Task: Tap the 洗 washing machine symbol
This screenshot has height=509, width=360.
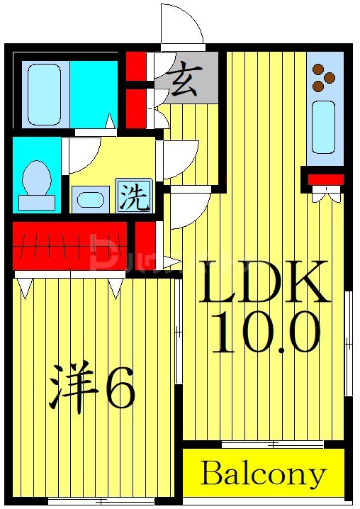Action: tap(134, 196)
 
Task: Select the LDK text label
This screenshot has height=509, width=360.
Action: tap(266, 281)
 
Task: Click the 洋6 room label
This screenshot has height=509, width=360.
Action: tap(91, 388)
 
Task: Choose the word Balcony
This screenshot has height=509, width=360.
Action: tap(263, 473)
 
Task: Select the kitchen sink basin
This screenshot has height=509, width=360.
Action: tap(323, 126)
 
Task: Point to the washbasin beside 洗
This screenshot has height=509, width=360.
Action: tap(91, 199)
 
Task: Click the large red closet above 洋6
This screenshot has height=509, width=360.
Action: tap(69, 245)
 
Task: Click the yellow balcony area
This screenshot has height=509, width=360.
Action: tap(263, 473)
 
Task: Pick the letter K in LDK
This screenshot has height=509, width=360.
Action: tap(305, 281)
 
